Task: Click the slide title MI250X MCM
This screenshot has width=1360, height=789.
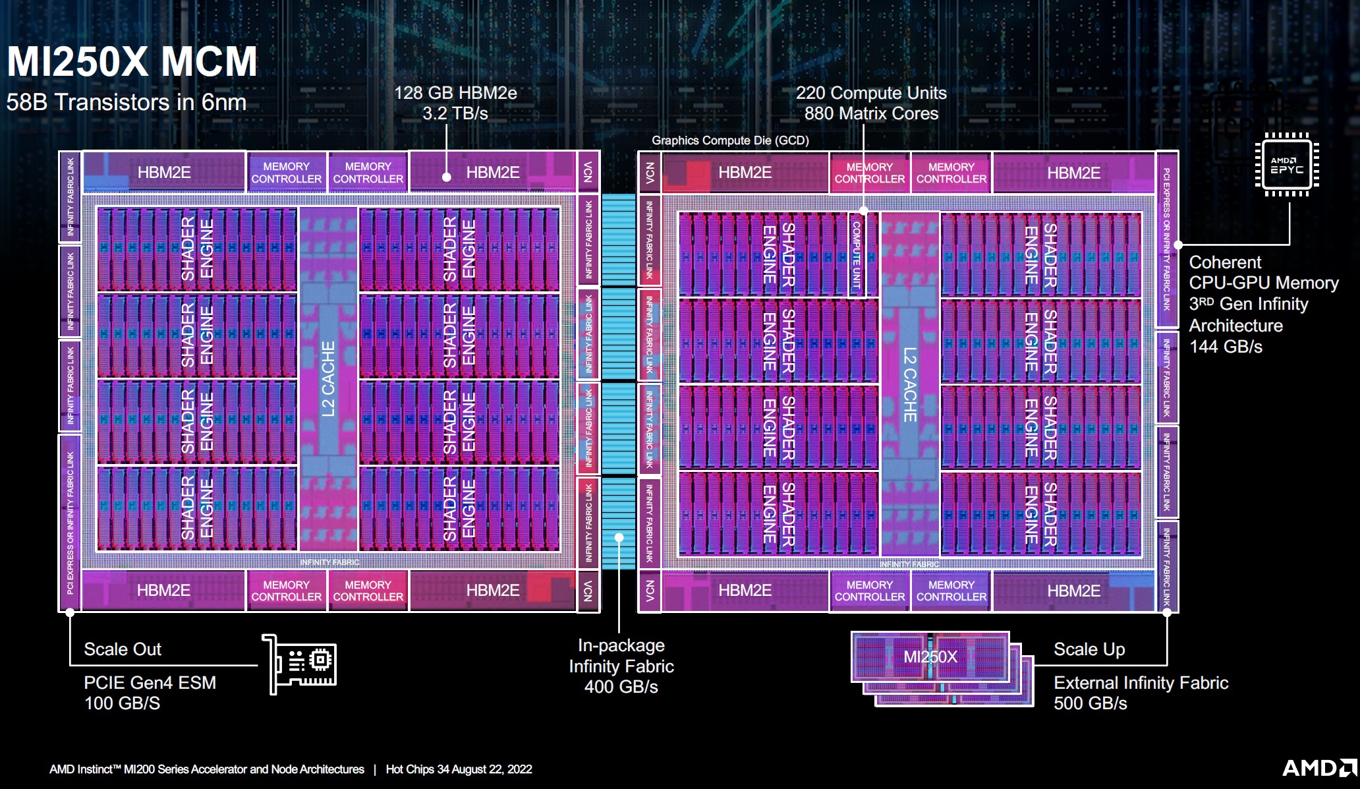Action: (132, 61)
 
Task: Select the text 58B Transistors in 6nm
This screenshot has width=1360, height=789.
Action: (126, 102)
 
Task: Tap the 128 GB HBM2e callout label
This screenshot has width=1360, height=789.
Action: (455, 93)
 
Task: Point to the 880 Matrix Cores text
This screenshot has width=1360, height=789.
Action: (871, 113)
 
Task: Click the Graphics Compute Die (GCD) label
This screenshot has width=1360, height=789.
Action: (730, 140)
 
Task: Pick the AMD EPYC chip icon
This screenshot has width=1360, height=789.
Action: (1287, 165)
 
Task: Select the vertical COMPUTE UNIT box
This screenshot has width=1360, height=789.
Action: (857, 254)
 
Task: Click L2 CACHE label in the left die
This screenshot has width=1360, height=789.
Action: (328, 379)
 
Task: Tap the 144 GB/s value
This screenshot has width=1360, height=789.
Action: (1226, 347)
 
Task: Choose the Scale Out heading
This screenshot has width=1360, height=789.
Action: (123, 649)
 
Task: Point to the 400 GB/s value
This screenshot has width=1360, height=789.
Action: (621, 687)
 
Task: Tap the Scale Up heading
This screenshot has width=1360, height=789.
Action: (1089, 649)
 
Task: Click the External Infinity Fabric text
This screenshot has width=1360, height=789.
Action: (1141, 683)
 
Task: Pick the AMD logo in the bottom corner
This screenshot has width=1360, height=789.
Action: (1318, 768)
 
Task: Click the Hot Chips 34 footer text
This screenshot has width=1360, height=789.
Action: (459, 769)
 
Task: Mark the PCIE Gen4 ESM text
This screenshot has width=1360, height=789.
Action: (150, 683)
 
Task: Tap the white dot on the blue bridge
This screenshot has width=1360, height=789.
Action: (619, 537)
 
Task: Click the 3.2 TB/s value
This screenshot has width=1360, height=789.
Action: (455, 113)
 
